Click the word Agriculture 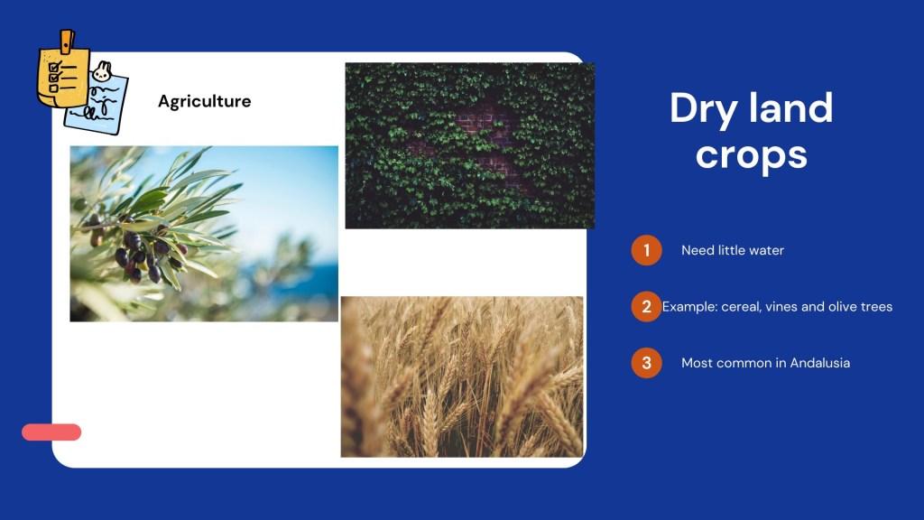click(x=205, y=101)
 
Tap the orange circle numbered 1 click(x=646, y=250)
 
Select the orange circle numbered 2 click(x=646, y=307)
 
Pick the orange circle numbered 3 click(x=646, y=363)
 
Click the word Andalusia click(x=819, y=363)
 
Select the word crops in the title click(x=752, y=155)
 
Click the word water click(x=767, y=250)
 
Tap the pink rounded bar click(x=51, y=432)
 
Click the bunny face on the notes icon click(x=102, y=72)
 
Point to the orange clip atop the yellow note click(x=67, y=41)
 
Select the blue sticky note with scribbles click(x=97, y=102)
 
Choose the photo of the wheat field click(x=462, y=376)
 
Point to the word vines click(x=781, y=307)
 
